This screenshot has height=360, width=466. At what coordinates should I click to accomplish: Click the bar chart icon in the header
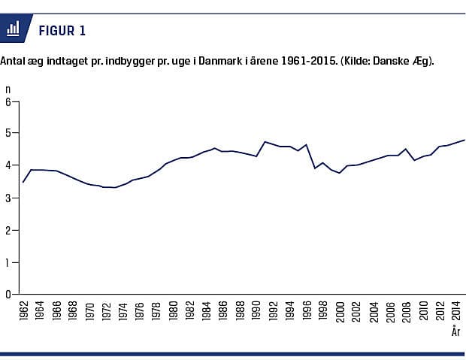(x=13, y=29)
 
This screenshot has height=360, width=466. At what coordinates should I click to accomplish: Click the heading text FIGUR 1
(x=62, y=30)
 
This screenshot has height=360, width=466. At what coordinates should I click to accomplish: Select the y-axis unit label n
(x=8, y=89)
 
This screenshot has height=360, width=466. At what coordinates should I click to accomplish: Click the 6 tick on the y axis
(x=8, y=101)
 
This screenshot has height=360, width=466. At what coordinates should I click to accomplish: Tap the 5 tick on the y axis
(x=8, y=134)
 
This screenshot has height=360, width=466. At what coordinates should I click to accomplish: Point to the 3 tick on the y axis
(x=8, y=198)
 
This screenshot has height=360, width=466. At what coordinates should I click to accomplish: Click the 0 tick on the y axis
(x=8, y=295)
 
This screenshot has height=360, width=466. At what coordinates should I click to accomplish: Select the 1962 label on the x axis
(x=24, y=312)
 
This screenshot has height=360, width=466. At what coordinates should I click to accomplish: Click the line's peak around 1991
(x=265, y=141)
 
